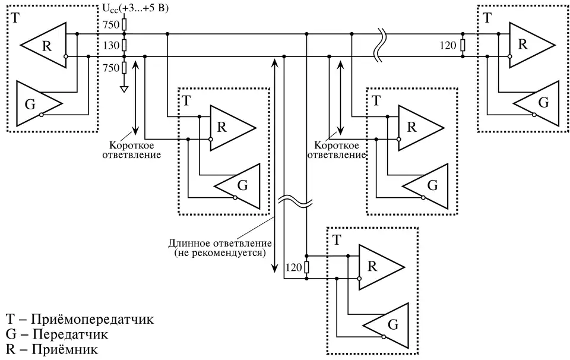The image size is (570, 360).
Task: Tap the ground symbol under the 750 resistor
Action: pyautogui.click(x=124, y=90)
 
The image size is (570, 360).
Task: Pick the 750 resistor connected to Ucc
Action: pyautogui.click(x=124, y=24)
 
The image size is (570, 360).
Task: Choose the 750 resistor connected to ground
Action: pyautogui.click(x=124, y=68)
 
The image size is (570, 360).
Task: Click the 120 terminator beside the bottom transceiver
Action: pyautogui.click(x=306, y=267)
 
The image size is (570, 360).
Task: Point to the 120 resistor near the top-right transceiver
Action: pyautogui.click(x=463, y=45)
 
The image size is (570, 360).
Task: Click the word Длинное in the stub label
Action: pyautogui.click(x=188, y=243)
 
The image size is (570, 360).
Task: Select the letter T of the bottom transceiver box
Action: pyautogui.click(x=337, y=241)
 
